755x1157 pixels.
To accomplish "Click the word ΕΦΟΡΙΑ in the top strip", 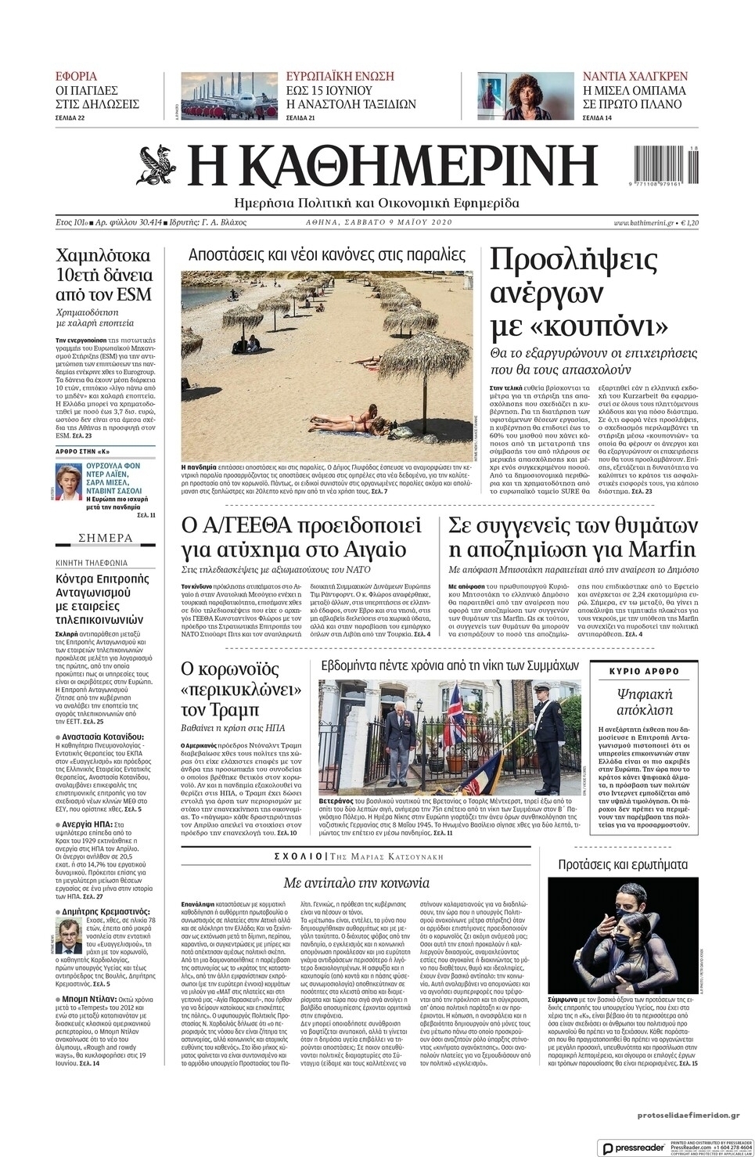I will click(x=77, y=77).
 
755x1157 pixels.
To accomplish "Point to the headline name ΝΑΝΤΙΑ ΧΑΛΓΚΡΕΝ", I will click(x=635, y=77).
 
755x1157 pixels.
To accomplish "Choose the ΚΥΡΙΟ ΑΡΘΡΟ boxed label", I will click(x=644, y=672).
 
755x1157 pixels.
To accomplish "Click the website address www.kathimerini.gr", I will click(x=644, y=223).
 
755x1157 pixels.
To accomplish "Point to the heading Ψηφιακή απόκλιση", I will click(x=644, y=701).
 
